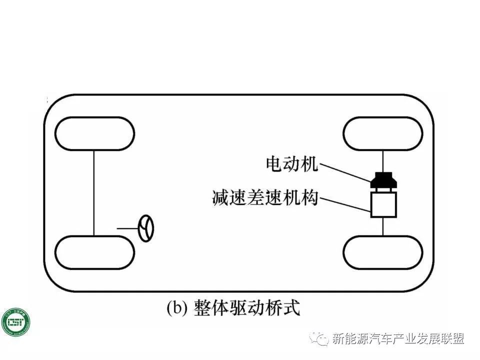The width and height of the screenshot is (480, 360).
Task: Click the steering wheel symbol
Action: click(x=146, y=228)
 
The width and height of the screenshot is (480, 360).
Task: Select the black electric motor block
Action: click(x=383, y=181)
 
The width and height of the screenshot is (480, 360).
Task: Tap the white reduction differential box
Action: click(x=383, y=205)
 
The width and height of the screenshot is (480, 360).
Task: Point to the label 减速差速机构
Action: click(x=265, y=198)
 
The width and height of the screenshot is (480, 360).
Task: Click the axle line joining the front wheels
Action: click(x=94, y=192)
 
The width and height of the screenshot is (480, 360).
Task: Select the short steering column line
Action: click(x=127, y=228)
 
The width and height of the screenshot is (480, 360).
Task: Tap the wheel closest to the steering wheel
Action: click(x=94, y=252)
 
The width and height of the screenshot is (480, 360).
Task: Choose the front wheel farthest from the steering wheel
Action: click(x=94, y=133)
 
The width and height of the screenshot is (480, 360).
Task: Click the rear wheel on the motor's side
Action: click(x=382, y=133)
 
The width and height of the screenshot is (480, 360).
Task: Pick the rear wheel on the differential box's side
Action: click(x=382, y=252)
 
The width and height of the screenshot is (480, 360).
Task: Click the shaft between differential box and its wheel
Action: click(x=383, y=226)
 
